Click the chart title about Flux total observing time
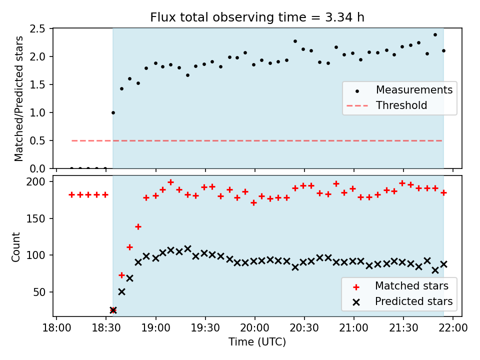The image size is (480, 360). pos(257,17)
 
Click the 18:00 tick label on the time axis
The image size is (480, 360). pos(56,328)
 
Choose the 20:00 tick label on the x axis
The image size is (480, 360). pos(254,328)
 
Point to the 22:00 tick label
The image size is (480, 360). pos(453,328)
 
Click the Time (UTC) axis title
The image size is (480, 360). pos(257,342)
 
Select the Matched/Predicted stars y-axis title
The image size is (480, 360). pos(18,98)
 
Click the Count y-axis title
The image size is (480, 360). pos(15,246)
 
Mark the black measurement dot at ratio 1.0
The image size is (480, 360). pos(113,112)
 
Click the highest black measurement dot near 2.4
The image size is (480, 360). pos(435,34)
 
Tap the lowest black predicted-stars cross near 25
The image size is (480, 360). pos(113,310)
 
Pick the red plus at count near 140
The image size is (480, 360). pos(138,227)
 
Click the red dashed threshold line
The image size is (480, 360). pos(257,141)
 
